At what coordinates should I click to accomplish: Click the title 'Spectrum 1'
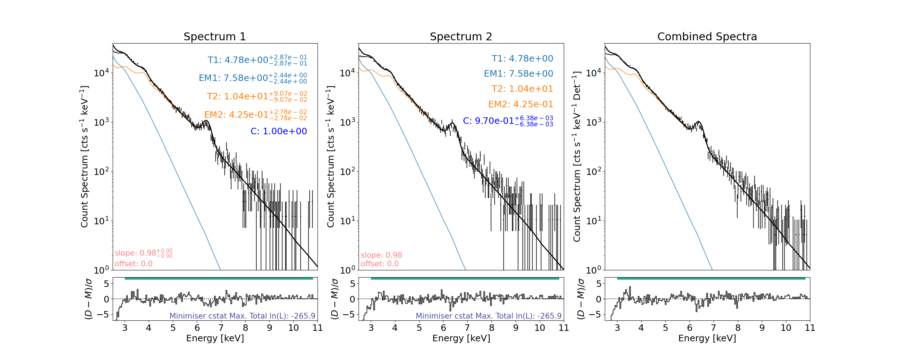215,37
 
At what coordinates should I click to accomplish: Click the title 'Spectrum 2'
461,37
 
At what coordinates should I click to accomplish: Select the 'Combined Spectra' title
707,37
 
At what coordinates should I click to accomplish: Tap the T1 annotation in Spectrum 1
257,60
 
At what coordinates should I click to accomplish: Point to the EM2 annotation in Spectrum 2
520,104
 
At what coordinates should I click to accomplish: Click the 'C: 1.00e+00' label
279,131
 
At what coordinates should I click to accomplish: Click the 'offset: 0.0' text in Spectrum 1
134,264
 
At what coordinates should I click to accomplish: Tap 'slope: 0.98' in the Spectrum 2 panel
381,255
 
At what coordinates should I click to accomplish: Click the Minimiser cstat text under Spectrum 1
242,316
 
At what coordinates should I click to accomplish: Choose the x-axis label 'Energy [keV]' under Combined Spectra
707,338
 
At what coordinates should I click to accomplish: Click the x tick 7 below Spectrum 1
221,328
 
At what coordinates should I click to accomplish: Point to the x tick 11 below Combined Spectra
810,328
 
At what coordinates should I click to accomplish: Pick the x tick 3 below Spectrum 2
371,328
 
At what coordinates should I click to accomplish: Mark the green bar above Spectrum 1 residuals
219,278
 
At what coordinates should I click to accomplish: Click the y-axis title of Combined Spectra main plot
577,157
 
